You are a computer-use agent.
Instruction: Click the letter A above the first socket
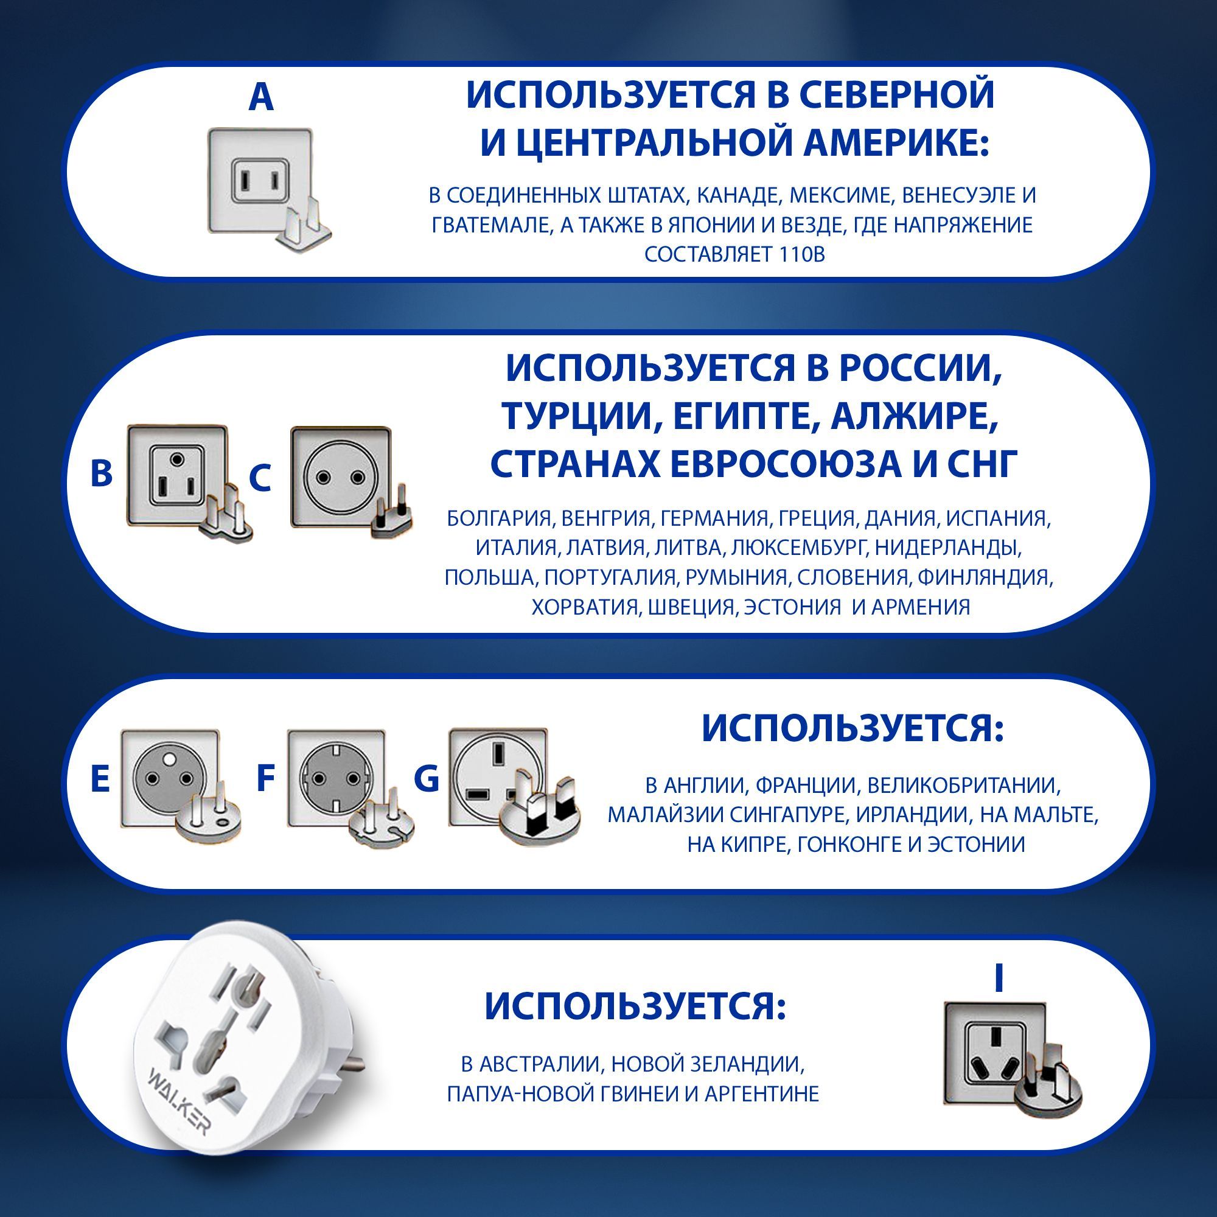[x=262, y=97]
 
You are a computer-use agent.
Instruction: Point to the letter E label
[x=100, y=779]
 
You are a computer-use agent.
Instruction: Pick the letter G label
[x=427, y=779]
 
